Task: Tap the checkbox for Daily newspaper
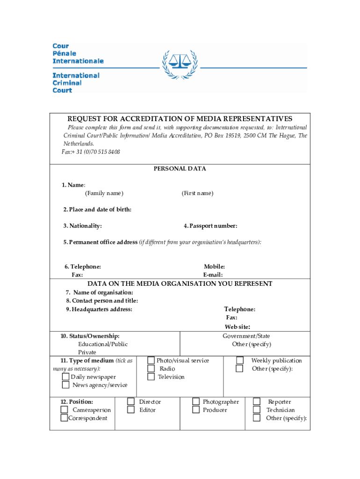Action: point(65,377)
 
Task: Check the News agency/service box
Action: point(65,385)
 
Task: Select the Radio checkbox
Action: point(151,369)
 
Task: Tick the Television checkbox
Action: point(151,377)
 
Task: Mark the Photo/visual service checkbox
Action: point(151,360)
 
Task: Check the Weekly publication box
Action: point(239,360)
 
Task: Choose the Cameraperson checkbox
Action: point(64,410)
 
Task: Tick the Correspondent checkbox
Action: point(64,418)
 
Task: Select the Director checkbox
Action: point(131,401)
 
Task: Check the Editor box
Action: point(131,410)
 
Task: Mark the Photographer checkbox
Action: point(196,401)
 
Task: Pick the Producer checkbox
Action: point(196,410)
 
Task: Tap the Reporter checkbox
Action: point(257,401)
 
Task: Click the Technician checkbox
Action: point(257,410)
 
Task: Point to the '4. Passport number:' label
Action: point(210,226)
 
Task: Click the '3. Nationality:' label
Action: point(83,226)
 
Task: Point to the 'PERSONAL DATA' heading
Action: point(180,168)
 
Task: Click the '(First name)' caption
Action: point(197,193)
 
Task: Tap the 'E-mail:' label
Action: point(213,275)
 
